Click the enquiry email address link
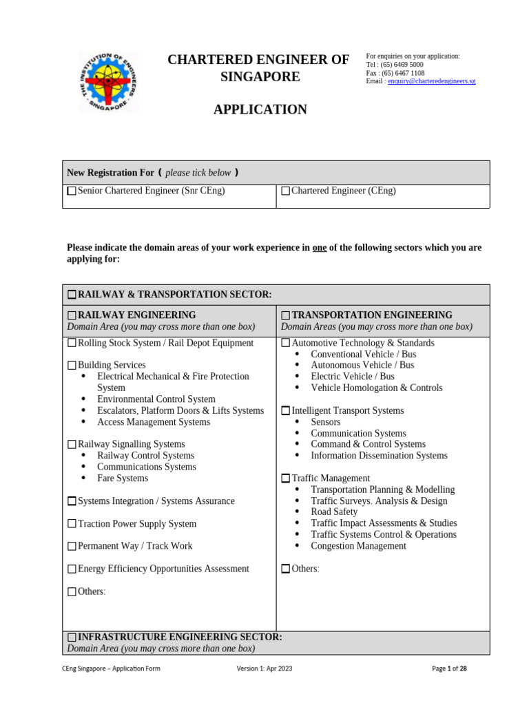[x=431, y=81]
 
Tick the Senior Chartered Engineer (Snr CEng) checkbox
[x=72, y=191]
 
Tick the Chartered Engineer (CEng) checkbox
[x=286, y=191]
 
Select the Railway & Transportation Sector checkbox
[x=72, y=295]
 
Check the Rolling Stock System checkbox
[x=72, y=343]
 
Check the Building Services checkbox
[x=72, y=366]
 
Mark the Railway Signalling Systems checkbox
[x=72, y=445]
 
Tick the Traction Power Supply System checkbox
[x=72, y=524]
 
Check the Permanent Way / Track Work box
[x=72, y=547]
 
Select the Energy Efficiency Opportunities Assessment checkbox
[x=72, y=569]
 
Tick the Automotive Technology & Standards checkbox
[x=286, y=343]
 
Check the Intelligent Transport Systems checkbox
[x=286, y=411]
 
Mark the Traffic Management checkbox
[x=286, y=478]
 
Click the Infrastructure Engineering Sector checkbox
[x=72, y=638]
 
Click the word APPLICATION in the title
[x=260, y=109]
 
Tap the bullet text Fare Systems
[x=123, y=478]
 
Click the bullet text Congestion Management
[x=358, y=546]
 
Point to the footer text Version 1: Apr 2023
[x=264, y=669]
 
